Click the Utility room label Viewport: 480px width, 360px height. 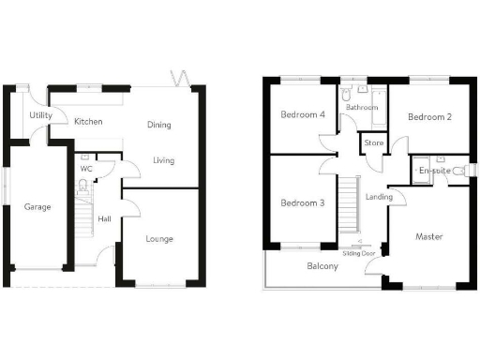(40, 115)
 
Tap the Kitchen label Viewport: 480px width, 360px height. (88, 122)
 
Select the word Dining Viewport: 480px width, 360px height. (158, 125)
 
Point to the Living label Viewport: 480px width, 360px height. (164, 160)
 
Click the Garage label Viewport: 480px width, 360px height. (37, 207)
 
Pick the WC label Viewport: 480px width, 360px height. (85, 169)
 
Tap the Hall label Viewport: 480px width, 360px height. (105, 219)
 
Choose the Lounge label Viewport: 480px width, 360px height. (159, 239)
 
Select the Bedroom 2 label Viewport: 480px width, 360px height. (430, 117)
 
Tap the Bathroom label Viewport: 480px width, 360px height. (361, 108)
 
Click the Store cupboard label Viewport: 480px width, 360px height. (373, 143)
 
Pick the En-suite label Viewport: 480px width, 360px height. (434, 171)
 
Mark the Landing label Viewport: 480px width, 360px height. (380, 198)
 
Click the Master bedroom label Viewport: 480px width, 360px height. (429, 237)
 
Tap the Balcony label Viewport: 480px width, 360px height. (322, 266)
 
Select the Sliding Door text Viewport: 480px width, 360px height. (359, 253)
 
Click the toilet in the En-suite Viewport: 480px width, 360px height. (457, 172)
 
